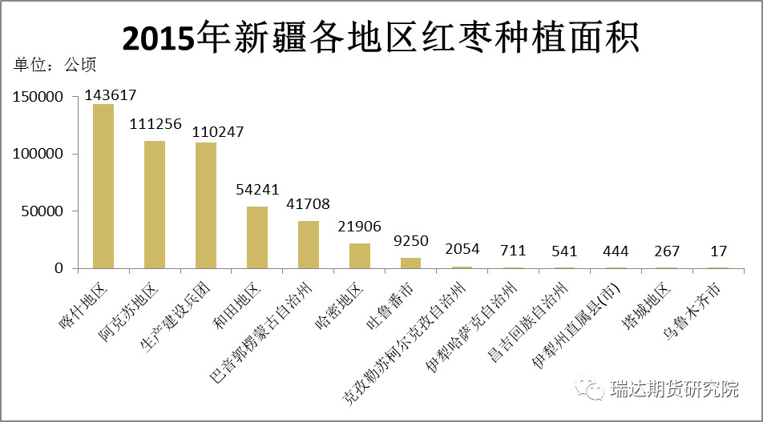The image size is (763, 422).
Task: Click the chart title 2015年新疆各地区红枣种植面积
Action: (x=381, y=38)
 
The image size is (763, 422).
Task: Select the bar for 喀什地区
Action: (x=103, y=187)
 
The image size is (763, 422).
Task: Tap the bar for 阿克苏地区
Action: (x=155, y=205)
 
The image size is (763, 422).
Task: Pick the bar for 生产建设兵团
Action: (x=206, y=206)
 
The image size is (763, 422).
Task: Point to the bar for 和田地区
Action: (x=257, y=238)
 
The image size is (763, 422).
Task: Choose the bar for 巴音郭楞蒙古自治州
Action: (x=309, y=245)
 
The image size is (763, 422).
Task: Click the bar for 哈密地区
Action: (x=360, y=256)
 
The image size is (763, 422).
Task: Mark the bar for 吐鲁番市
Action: (x=411, y=263)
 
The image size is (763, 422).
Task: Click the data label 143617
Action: (x=111, y=94)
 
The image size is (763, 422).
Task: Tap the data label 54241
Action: (x=257, y=190)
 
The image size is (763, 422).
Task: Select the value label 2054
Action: (x=462, y=251)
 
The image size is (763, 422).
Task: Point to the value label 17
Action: (x=719, y=251)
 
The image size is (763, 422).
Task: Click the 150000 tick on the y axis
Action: (x=38, y=97)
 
